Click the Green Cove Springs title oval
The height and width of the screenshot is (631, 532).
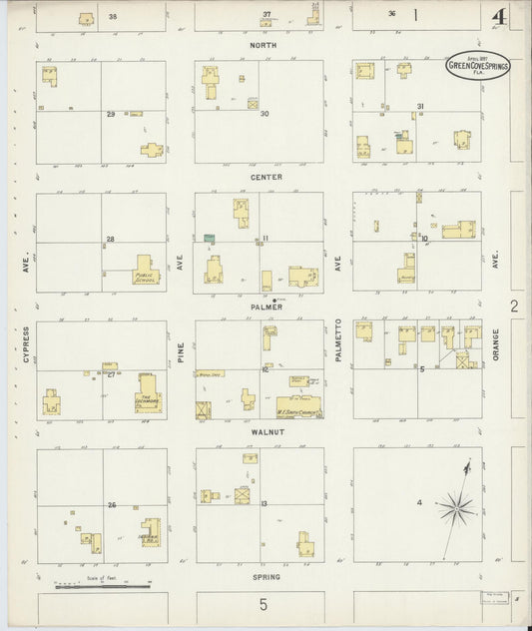tap(476, 63)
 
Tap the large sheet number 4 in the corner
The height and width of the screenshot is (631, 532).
tap(497, 16)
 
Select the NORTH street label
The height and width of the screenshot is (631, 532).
tap(264, 46)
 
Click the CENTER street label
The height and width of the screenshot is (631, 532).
tap(266, 177)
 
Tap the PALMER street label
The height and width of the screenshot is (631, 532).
tap(266, 308)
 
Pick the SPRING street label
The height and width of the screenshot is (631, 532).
tap(266, 577)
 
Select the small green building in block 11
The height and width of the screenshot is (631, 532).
tap(210, 238)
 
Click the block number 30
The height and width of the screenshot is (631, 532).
tap(265, 114)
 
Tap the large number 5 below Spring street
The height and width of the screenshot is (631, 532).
tap(264, 605)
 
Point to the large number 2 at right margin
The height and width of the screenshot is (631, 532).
tap(514, 307)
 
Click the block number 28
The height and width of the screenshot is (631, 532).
tap(111, 240)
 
